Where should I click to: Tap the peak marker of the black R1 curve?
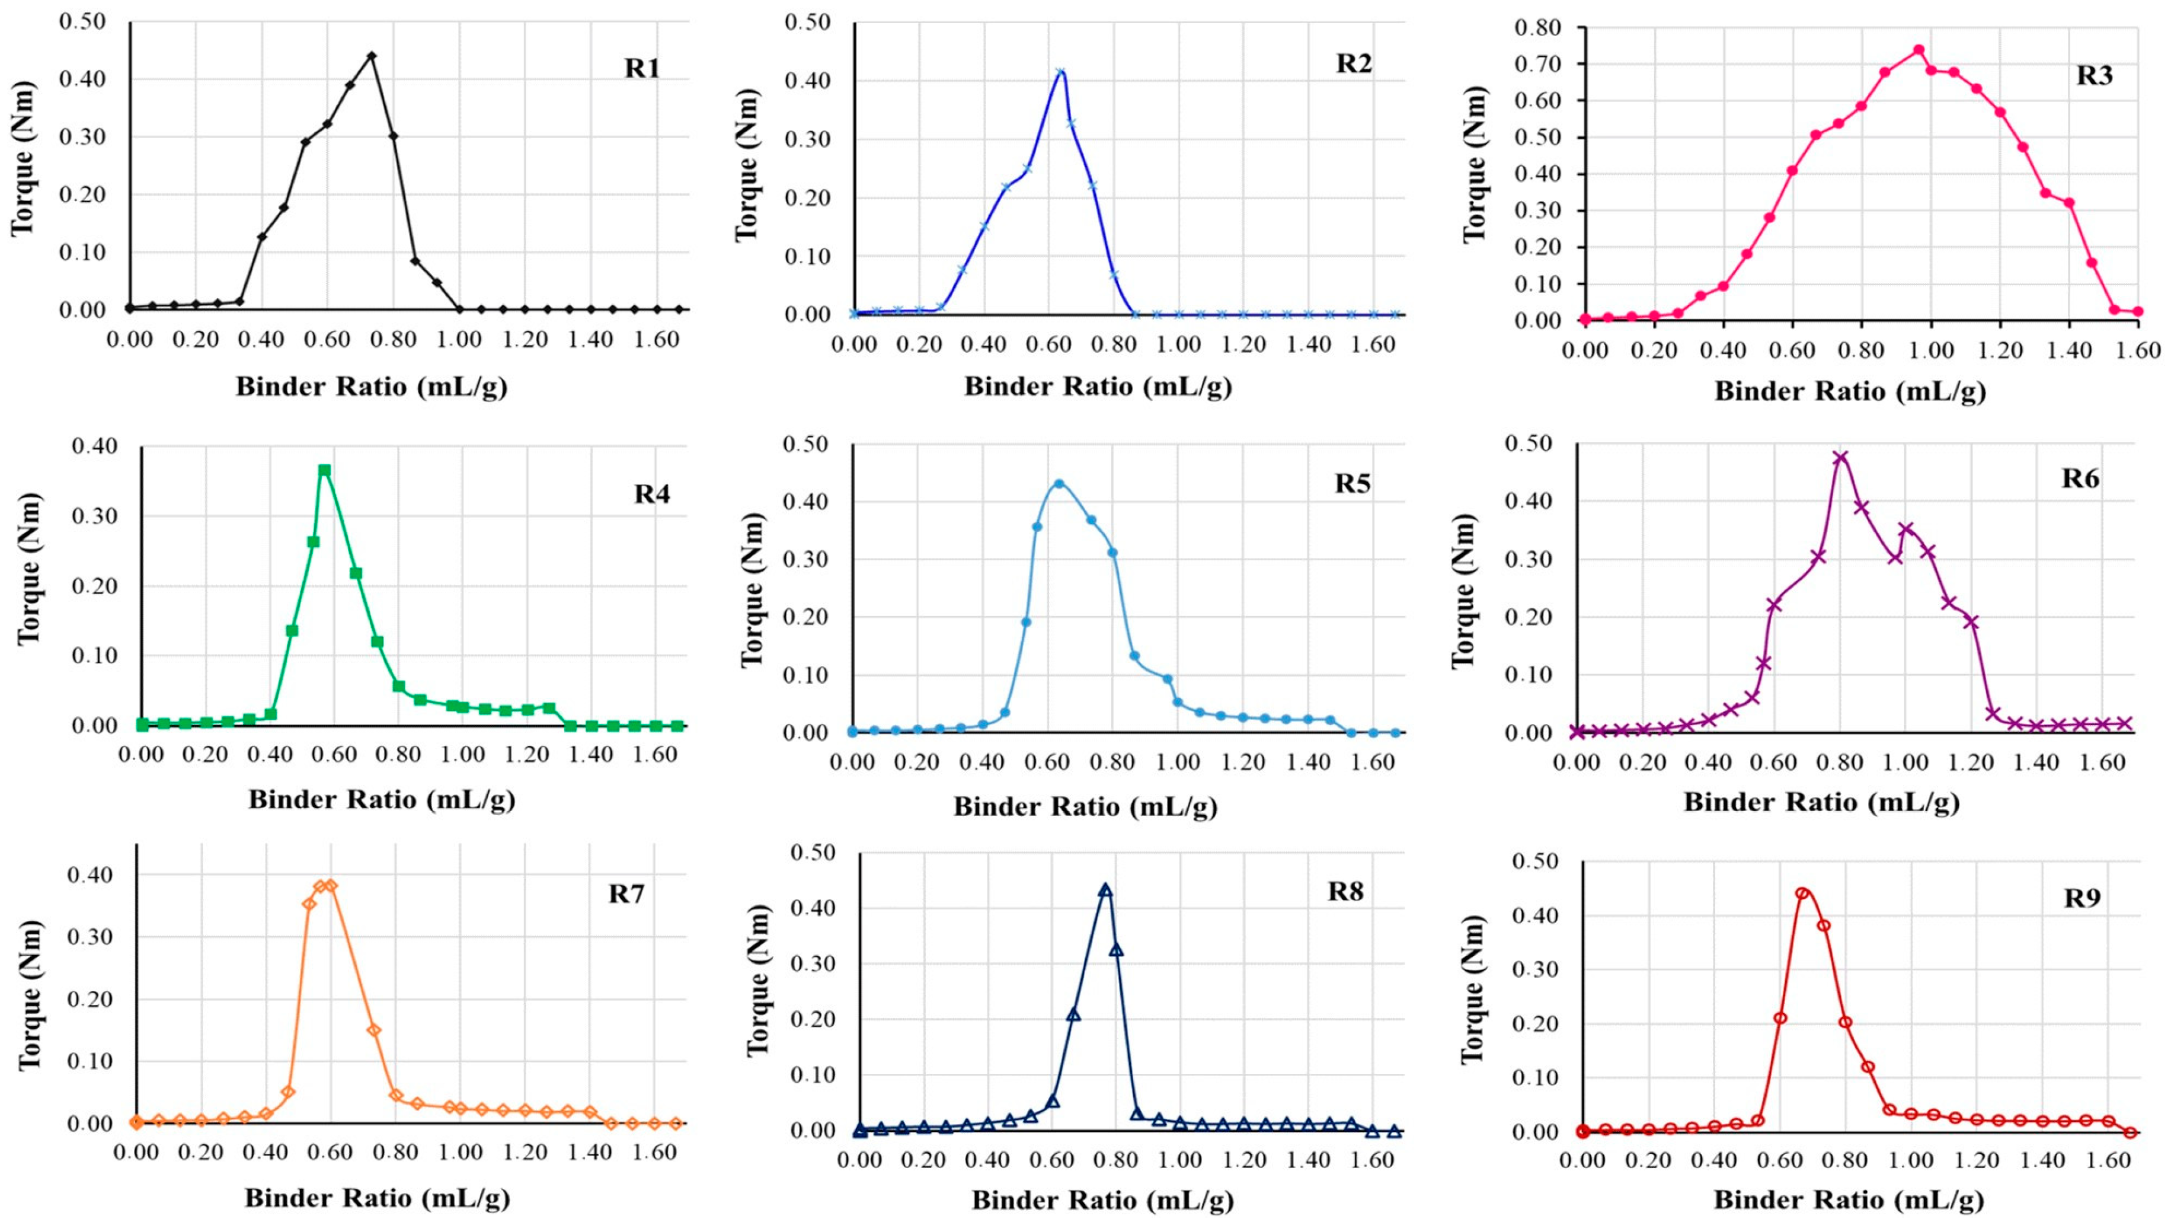click(x=372, y=56)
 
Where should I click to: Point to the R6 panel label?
click(x=2080, y=479)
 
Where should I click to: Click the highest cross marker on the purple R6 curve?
click(x=1840, y=458)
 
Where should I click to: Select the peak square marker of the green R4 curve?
click(x=324, y=470)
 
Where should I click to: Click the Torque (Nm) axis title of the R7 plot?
click(x=30, y=995)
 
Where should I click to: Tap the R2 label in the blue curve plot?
click(x=1354, y=64)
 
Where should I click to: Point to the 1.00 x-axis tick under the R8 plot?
click(x=1180, y=1161)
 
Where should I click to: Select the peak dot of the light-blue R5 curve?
click(x=1059, y=484)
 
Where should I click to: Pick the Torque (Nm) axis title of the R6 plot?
click(x=1463, y=590)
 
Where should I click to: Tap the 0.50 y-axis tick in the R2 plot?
click(x=807, y=22)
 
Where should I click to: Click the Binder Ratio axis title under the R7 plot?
click(x=377, y=1198)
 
